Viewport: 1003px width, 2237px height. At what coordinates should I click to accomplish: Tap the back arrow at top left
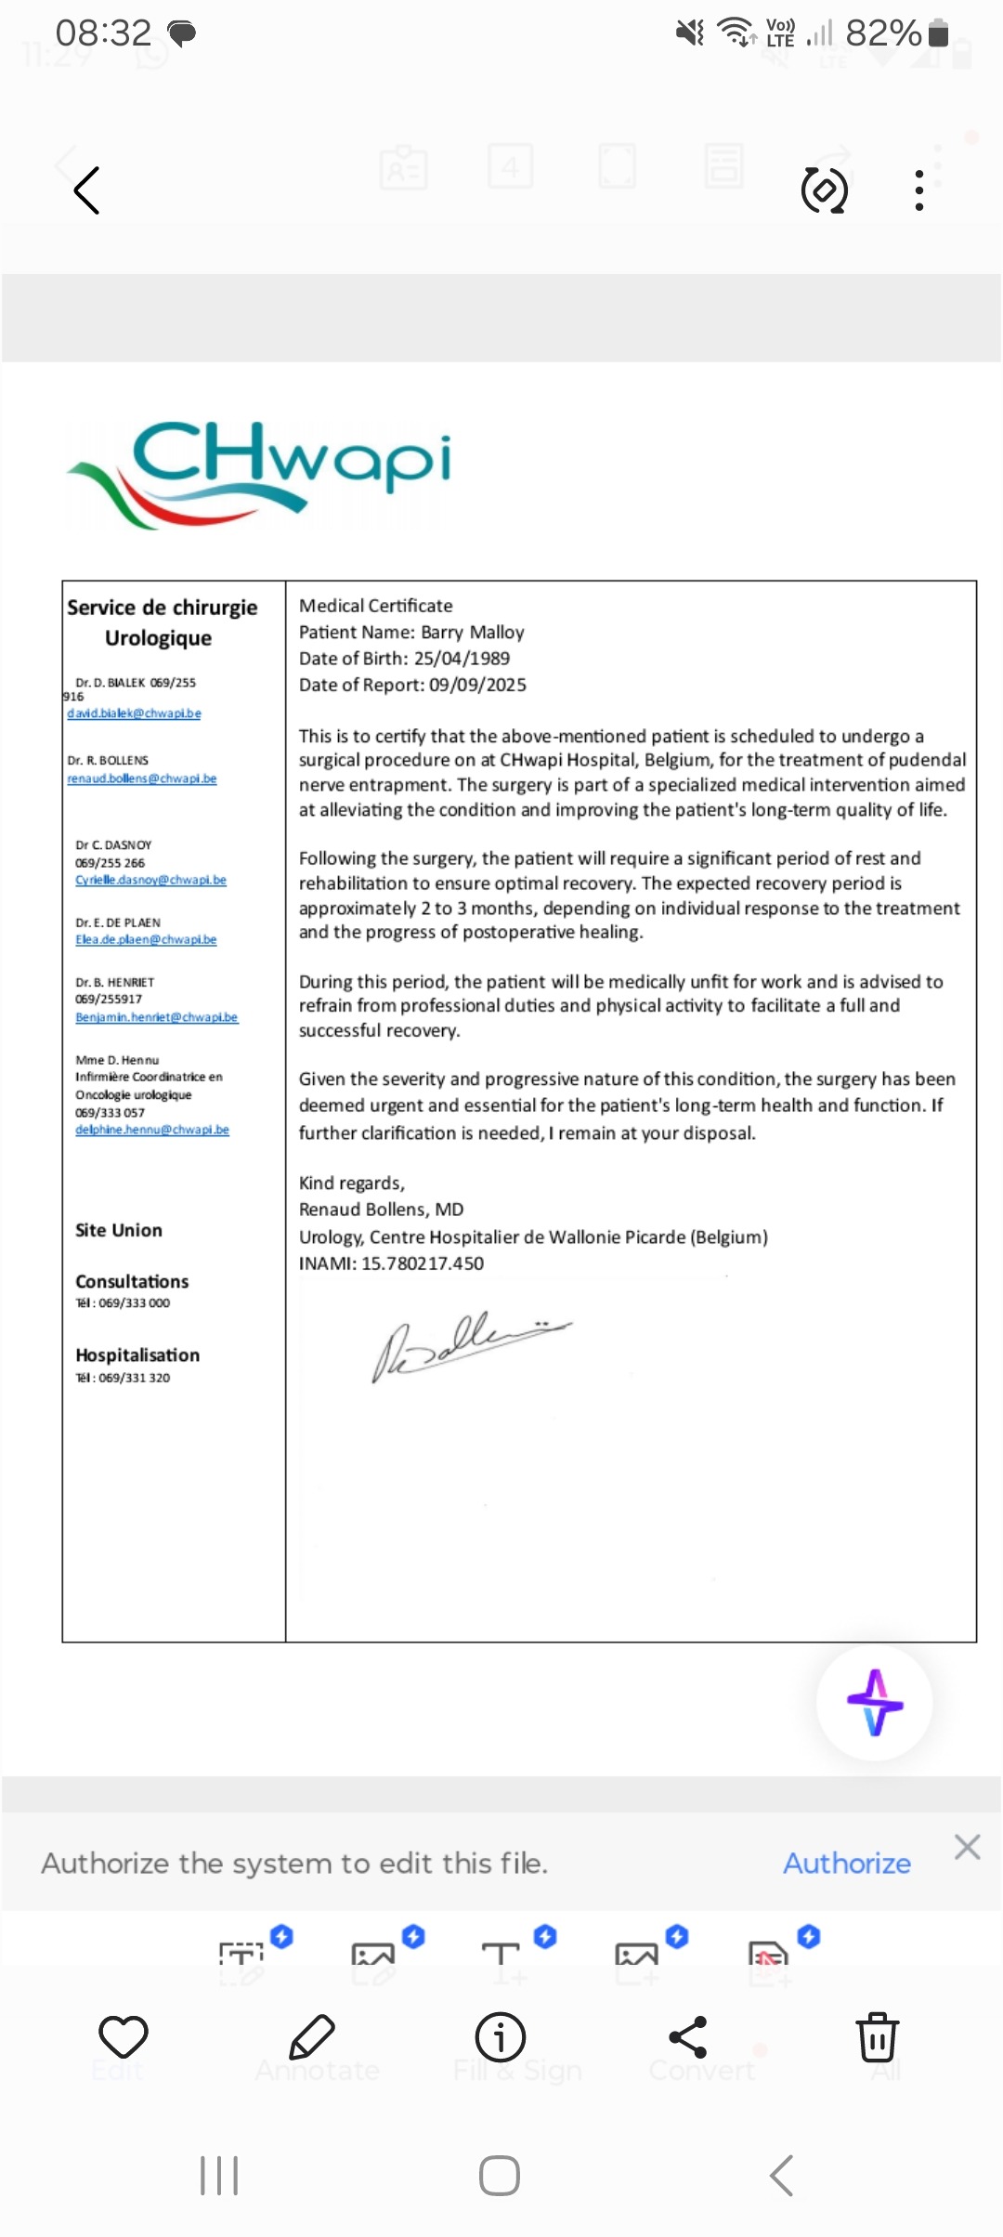(86, 191)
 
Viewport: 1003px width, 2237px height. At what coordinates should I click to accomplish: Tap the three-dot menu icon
(918, 190)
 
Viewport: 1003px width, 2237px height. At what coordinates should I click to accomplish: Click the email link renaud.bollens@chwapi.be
(141, 778)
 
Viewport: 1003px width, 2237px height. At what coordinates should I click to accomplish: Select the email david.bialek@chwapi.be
(134, 713)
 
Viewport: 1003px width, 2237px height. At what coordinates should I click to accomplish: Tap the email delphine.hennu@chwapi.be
(152, 1130)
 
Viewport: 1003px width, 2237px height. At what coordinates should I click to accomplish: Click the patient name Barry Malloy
(472, 633)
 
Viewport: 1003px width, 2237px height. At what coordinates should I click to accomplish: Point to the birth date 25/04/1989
(462, 659)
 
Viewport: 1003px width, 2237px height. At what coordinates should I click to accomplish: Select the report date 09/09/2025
(477, 686)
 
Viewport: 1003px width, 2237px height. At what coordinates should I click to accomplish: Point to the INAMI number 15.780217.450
(423, 1263)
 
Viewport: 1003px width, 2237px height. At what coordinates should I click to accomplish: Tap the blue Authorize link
(846, 1864)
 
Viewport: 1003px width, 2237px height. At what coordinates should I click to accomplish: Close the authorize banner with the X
(967, 1847)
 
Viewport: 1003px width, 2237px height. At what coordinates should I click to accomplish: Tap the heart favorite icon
(124, 2037)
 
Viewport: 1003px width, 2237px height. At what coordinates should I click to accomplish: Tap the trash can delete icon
(877, 2037)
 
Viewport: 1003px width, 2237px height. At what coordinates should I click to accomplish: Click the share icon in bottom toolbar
(688, 2037)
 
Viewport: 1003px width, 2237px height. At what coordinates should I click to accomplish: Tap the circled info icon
(501, 2037)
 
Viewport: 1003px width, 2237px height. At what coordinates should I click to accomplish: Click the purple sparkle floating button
(875, 1703)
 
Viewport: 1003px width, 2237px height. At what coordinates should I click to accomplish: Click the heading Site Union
(119, 1230)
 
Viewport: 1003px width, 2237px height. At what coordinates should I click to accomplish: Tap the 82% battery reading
(882, 33)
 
